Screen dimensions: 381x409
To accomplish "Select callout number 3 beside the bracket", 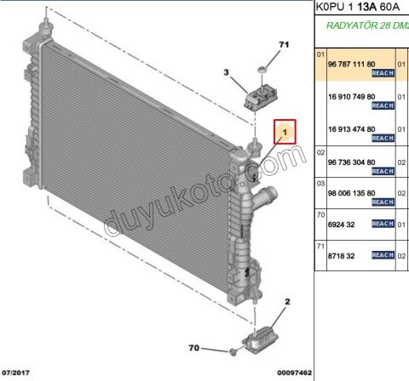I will (x=228, y=74).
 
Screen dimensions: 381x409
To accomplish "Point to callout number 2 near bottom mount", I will (x=287, y=302).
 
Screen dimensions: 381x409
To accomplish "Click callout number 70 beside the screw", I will (x=194, y=349).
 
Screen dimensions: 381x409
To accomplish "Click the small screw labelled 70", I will (x=232, y=350).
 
